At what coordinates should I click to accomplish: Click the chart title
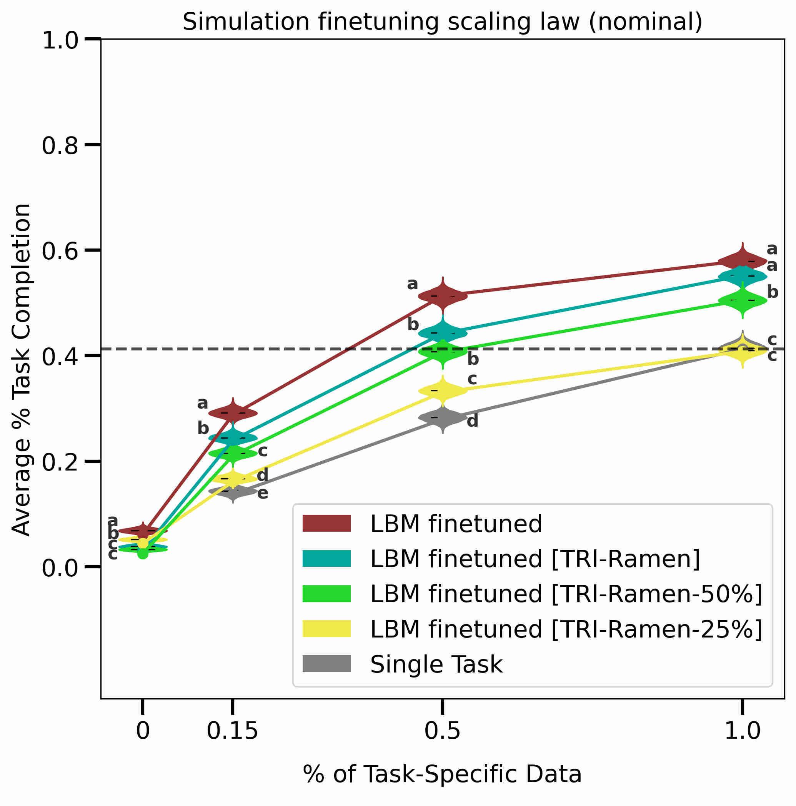pos(442,22)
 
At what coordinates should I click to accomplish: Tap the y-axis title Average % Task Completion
pos(21,369)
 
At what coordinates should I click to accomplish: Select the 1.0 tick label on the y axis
pos(60,41)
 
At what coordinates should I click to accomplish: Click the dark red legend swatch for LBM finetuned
pos(326,524)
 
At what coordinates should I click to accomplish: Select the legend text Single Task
pos(436,664)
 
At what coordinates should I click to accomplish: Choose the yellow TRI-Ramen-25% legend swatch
pos(326,629)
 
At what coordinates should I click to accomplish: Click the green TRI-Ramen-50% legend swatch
pos(326,594)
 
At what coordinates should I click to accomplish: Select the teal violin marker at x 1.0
pos(743,276)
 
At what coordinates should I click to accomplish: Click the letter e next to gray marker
pos(263,494)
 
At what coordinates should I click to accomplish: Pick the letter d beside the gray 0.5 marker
pos(473,421)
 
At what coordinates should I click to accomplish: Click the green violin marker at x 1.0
pos(743,300)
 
